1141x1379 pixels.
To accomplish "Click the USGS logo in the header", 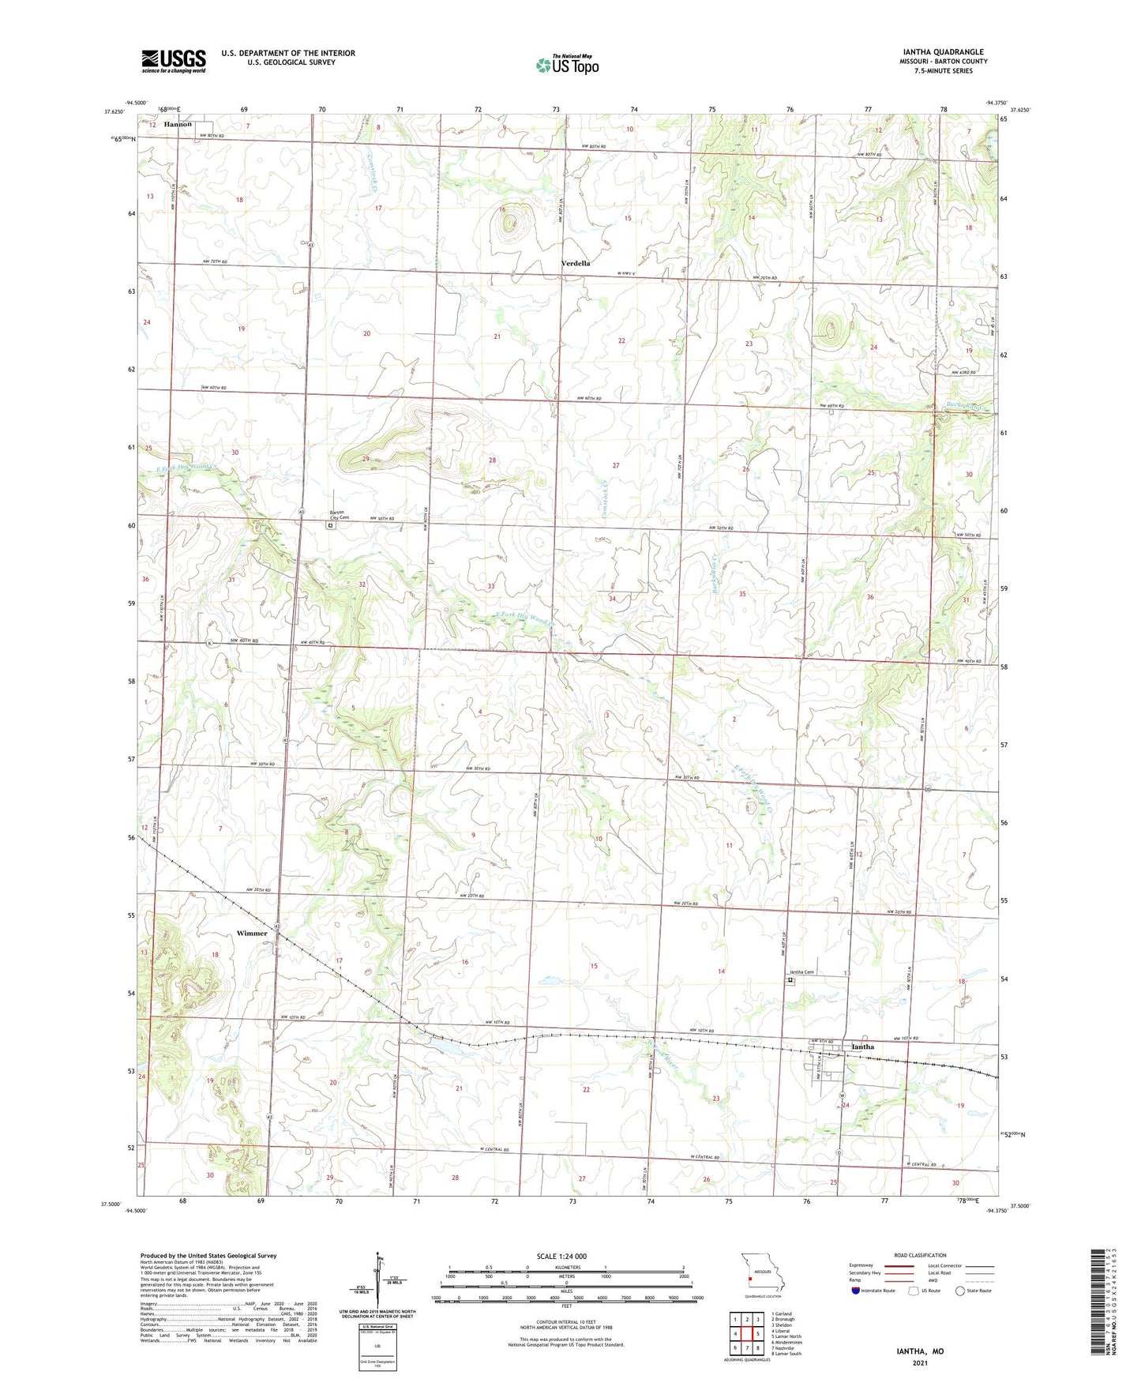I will point(174,60).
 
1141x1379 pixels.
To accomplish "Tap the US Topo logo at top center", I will point(566,65).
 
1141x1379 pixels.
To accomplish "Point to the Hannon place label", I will point(178,125).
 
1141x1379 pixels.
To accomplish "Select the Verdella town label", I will point(576,263).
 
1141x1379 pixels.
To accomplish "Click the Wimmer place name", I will point(252,934).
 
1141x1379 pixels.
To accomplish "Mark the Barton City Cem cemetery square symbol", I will point(331,524).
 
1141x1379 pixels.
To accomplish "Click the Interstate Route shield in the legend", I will point(856,1291).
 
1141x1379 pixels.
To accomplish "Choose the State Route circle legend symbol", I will point(960,1291).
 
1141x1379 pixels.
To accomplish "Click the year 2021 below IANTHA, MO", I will point(918,1363).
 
